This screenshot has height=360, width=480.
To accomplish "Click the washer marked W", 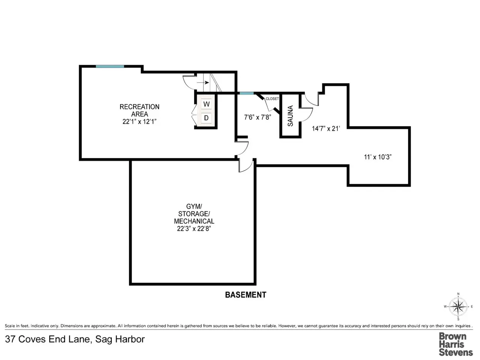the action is click(x=206, y=104).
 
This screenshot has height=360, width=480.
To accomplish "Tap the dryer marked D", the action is click(x=206, y=118).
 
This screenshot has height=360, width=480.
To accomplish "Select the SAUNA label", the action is click(x=290, y=116).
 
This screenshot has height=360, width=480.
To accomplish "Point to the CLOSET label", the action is click(x=272, y=99).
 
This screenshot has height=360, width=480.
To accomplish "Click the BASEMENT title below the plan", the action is click(x=246, y=295).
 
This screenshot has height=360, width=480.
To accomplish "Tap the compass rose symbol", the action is click(x=458, y=307).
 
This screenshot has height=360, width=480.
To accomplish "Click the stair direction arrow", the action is click(x=203, y=82).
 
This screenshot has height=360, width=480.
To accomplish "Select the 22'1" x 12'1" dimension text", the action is click(x=139, y=121).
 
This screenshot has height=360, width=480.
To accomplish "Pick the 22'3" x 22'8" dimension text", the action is click(x=194, y=229).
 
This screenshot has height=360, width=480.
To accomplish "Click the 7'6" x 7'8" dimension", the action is click(x=258, y=117).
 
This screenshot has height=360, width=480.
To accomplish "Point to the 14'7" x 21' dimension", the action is click(x=326, y=129).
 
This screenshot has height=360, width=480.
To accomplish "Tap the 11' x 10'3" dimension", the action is click(x=378, y=157).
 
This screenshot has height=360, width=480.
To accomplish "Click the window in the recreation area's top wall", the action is click(x=110, y=66).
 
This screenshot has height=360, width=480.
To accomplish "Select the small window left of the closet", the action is click(x=247, y=93).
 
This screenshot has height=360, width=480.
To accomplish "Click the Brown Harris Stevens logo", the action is click(x=456, y=344).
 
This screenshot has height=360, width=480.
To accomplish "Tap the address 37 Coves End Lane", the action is click(x=48, y=339).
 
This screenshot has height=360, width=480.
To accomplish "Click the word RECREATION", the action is click(x=139, y=107).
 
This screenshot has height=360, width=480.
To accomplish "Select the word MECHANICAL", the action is click(x=194, y=221).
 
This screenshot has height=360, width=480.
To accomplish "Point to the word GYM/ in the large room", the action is click(x=194, y=206).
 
